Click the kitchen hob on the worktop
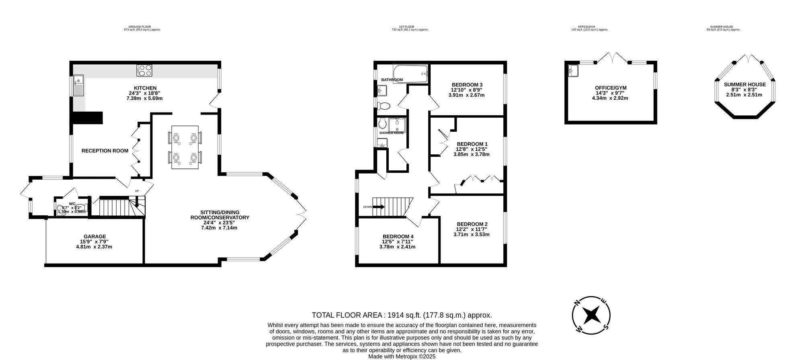coord(145,71)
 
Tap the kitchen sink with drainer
coord(78,86)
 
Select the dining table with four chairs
coord(185,147)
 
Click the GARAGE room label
coord(95,236)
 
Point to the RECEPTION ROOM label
coord(105,151)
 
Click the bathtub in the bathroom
coord(410,74)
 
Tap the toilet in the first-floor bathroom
coord(385,106)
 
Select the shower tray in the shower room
coord(397,125)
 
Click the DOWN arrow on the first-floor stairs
coord(379,207)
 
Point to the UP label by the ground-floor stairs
coord(137,191)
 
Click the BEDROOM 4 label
coord(398,236)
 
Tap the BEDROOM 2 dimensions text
coord(472,232)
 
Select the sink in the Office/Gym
coord(574,71)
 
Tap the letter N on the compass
coord(577,304)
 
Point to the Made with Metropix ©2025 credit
coord(402,356)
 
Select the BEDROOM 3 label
coord(467,84)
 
